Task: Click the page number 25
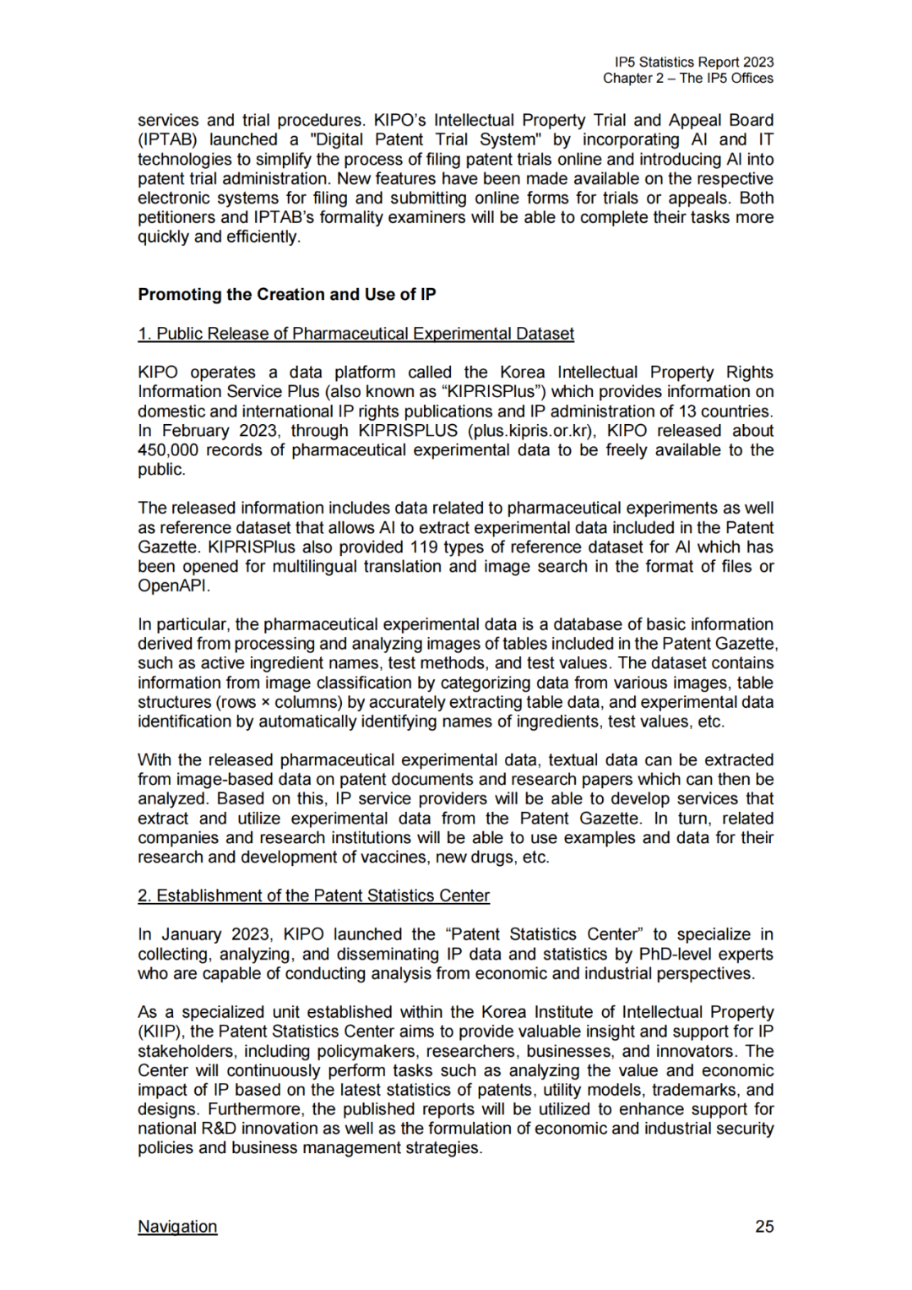click(764, 1227)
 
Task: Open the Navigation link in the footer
click(177, 1227)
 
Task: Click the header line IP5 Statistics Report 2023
click(694, 62)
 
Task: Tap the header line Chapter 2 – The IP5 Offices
click(687, 78)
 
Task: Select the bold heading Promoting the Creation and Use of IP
click(287, 295)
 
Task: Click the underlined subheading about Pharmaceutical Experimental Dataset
click(356, 334)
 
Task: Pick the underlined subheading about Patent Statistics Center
click(313, 895)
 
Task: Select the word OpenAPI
click(171, 586)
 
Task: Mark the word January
click(191, 934)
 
